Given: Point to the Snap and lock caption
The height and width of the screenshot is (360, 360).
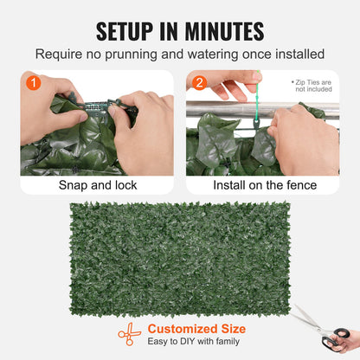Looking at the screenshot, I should (x=97, y=185).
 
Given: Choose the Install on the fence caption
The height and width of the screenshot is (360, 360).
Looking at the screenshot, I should (x=262, y=185).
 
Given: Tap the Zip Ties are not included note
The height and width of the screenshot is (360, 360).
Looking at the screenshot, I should (x=312, y=85).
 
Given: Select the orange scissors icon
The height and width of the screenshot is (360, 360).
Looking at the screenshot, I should (x=129, y=333).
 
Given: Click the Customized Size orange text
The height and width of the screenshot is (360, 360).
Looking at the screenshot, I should (x=196, y=328).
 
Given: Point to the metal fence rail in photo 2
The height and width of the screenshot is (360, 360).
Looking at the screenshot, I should (x=225, y=109).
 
